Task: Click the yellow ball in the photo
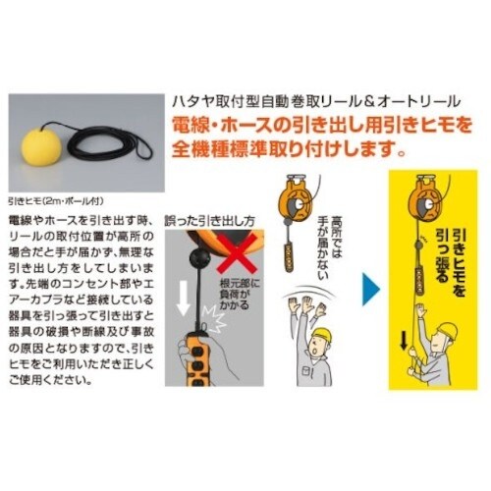[44, 145]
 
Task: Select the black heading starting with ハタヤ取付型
[305, 102]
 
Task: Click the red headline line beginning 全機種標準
[289, 151]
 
